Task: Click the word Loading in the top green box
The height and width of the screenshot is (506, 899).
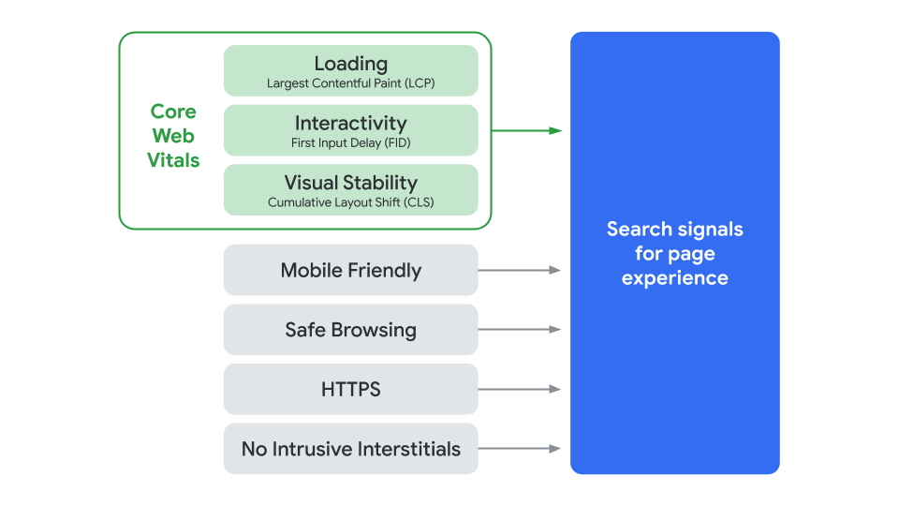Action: [x=350, y=64]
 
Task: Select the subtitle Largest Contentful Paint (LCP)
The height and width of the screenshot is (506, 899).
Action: [x=350, y=83]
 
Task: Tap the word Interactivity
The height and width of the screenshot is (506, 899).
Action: [x=350, y=124]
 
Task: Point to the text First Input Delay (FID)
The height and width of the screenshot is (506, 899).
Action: [x=350, y=143]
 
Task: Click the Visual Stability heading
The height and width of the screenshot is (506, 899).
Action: [x=350, y=183]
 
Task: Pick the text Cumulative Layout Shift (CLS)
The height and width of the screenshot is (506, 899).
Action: [x=350, y=202]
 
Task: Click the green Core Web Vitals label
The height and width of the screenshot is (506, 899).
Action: [x=173, y=136]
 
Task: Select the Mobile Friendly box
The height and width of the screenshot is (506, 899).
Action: [x=350, y=271]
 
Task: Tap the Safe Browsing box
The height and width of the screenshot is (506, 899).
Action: [x=350, y=330]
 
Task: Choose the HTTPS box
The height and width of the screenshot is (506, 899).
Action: [x=350, y=389]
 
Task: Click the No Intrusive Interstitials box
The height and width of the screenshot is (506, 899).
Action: [x=350, y=449]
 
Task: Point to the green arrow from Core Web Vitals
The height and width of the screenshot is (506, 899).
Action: [x=526, y=130]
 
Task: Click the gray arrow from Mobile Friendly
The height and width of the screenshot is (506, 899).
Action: [x=520, y=270]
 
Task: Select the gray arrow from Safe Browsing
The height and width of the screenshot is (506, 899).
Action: [x=520, y=330]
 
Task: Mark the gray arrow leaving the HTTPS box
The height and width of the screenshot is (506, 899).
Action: [x=520, y=389]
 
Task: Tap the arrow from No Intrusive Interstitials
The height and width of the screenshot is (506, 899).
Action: [x=520, y=449]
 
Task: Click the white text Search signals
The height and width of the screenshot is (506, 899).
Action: [x=674, y=230]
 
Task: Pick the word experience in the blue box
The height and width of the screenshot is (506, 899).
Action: [x=674, y=278]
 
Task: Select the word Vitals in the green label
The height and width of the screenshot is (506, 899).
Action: [x=173, y=160]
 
